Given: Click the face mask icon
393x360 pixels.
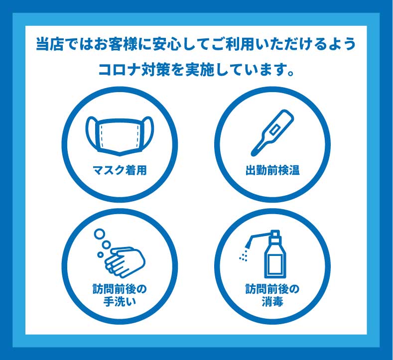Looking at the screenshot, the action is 120,136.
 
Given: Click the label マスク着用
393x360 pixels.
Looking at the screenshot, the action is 120,171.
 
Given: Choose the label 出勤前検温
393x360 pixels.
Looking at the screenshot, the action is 272,171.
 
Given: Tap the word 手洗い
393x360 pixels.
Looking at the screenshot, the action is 120,301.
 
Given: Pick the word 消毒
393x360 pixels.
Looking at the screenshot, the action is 272,301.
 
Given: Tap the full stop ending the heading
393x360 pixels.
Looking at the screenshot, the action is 290,73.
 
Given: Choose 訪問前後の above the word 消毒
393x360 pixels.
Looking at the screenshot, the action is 272,289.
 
